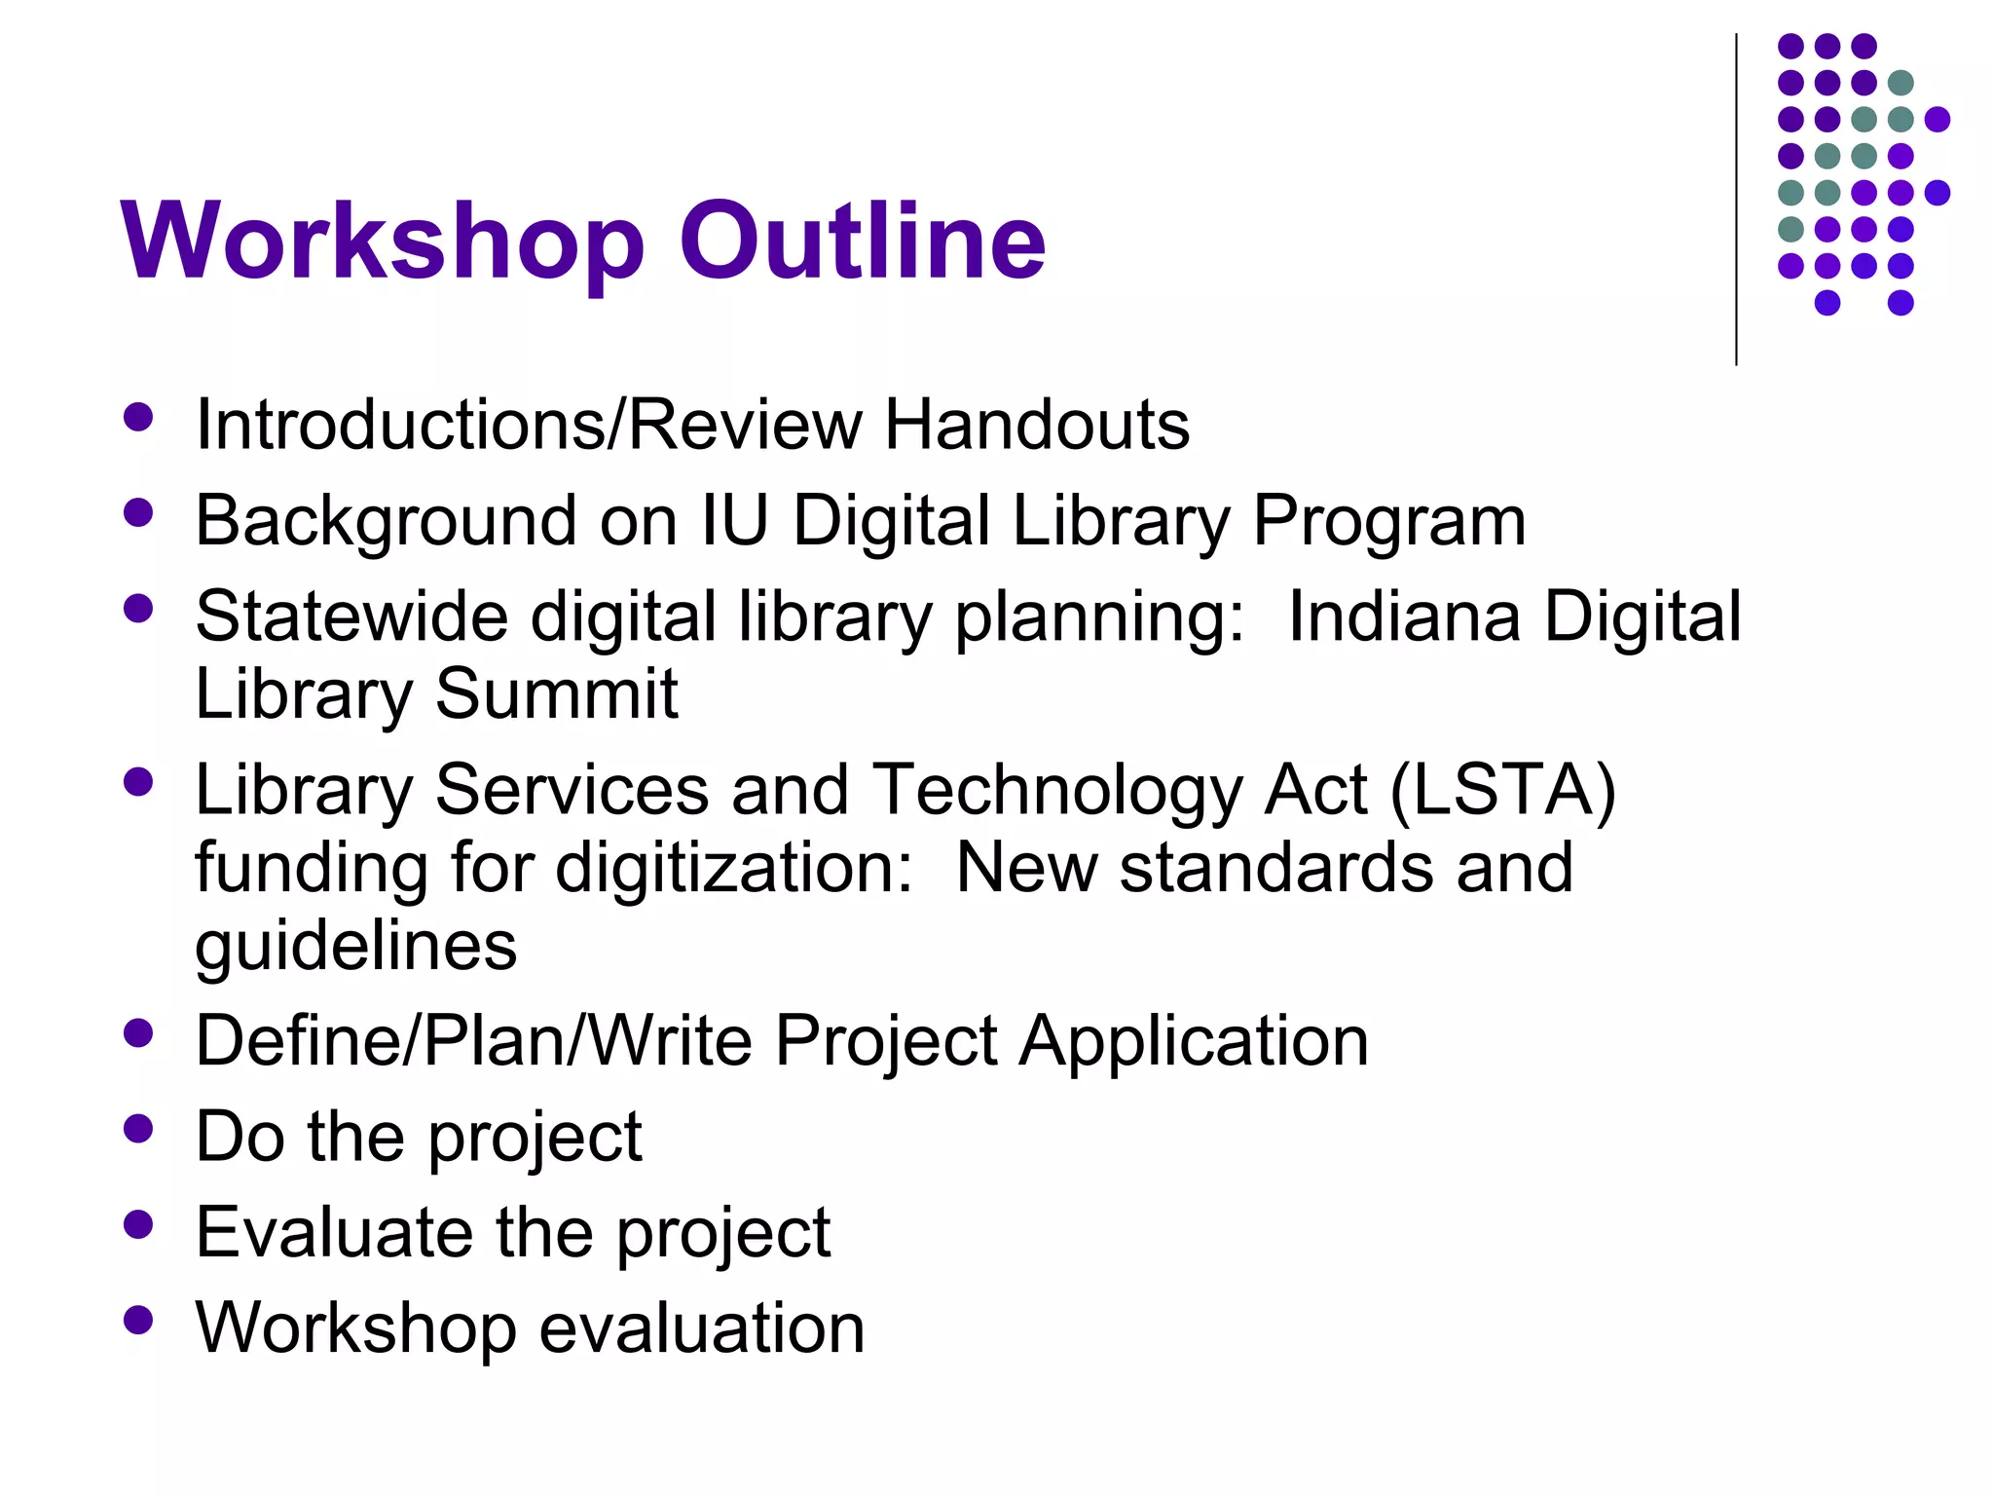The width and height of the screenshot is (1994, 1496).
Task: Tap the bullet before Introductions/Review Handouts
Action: tap(139, 418)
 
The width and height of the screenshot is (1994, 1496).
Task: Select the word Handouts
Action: tap(1036, 425)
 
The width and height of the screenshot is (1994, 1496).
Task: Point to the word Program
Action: tap(1388, 522)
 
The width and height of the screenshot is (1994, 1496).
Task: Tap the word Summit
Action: tap(556, 693)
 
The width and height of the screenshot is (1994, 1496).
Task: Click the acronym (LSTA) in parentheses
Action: tap(1502, 789)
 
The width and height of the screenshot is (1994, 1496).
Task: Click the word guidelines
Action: tap(355, 946)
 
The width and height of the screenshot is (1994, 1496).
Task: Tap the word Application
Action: tap(1194, 1040)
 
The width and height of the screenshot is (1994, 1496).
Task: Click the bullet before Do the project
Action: tap(139, 1129)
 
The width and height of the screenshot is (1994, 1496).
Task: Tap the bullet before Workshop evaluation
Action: tap(139, 1321)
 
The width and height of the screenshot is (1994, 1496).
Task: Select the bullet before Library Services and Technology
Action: tap(139, 782)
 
